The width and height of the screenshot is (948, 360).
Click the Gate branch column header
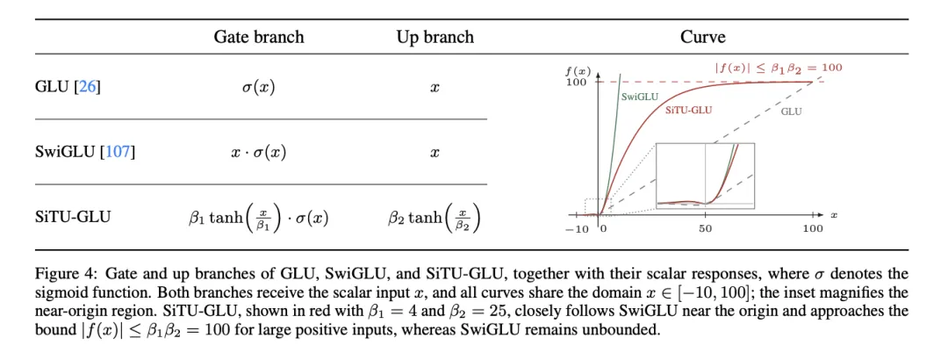point(259,38)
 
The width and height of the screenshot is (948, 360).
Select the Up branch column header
point(434,38)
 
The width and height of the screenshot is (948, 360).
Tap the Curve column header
point(702,38)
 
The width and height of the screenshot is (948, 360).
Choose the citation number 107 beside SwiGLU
point(118,152)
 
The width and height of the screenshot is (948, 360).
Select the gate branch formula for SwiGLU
point(259,152)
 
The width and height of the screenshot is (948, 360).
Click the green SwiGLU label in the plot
point(639,97)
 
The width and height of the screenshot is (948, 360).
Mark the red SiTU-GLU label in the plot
point(689,110)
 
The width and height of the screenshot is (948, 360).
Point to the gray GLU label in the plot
point(792,112)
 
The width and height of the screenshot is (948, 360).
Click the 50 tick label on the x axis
point(705,228)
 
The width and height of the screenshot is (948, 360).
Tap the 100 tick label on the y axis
point(576,82)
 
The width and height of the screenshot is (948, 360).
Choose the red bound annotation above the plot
point(779,68)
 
